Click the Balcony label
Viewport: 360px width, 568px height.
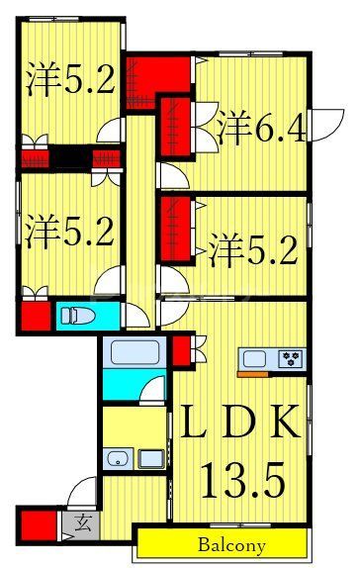[231, 545]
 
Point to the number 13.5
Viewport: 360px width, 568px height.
[244, 484]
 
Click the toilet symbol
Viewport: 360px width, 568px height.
[76, 317]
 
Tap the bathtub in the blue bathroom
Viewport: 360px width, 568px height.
[134, 353]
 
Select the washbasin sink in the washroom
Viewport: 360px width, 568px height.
[118, 458]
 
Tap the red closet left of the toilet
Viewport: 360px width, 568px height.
[35, 317]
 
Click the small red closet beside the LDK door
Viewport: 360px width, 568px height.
[180, 351]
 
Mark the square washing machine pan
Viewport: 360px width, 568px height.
[151, 458]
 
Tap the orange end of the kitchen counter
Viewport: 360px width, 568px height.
[253, 375]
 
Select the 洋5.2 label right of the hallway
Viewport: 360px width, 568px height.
[253, 249]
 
